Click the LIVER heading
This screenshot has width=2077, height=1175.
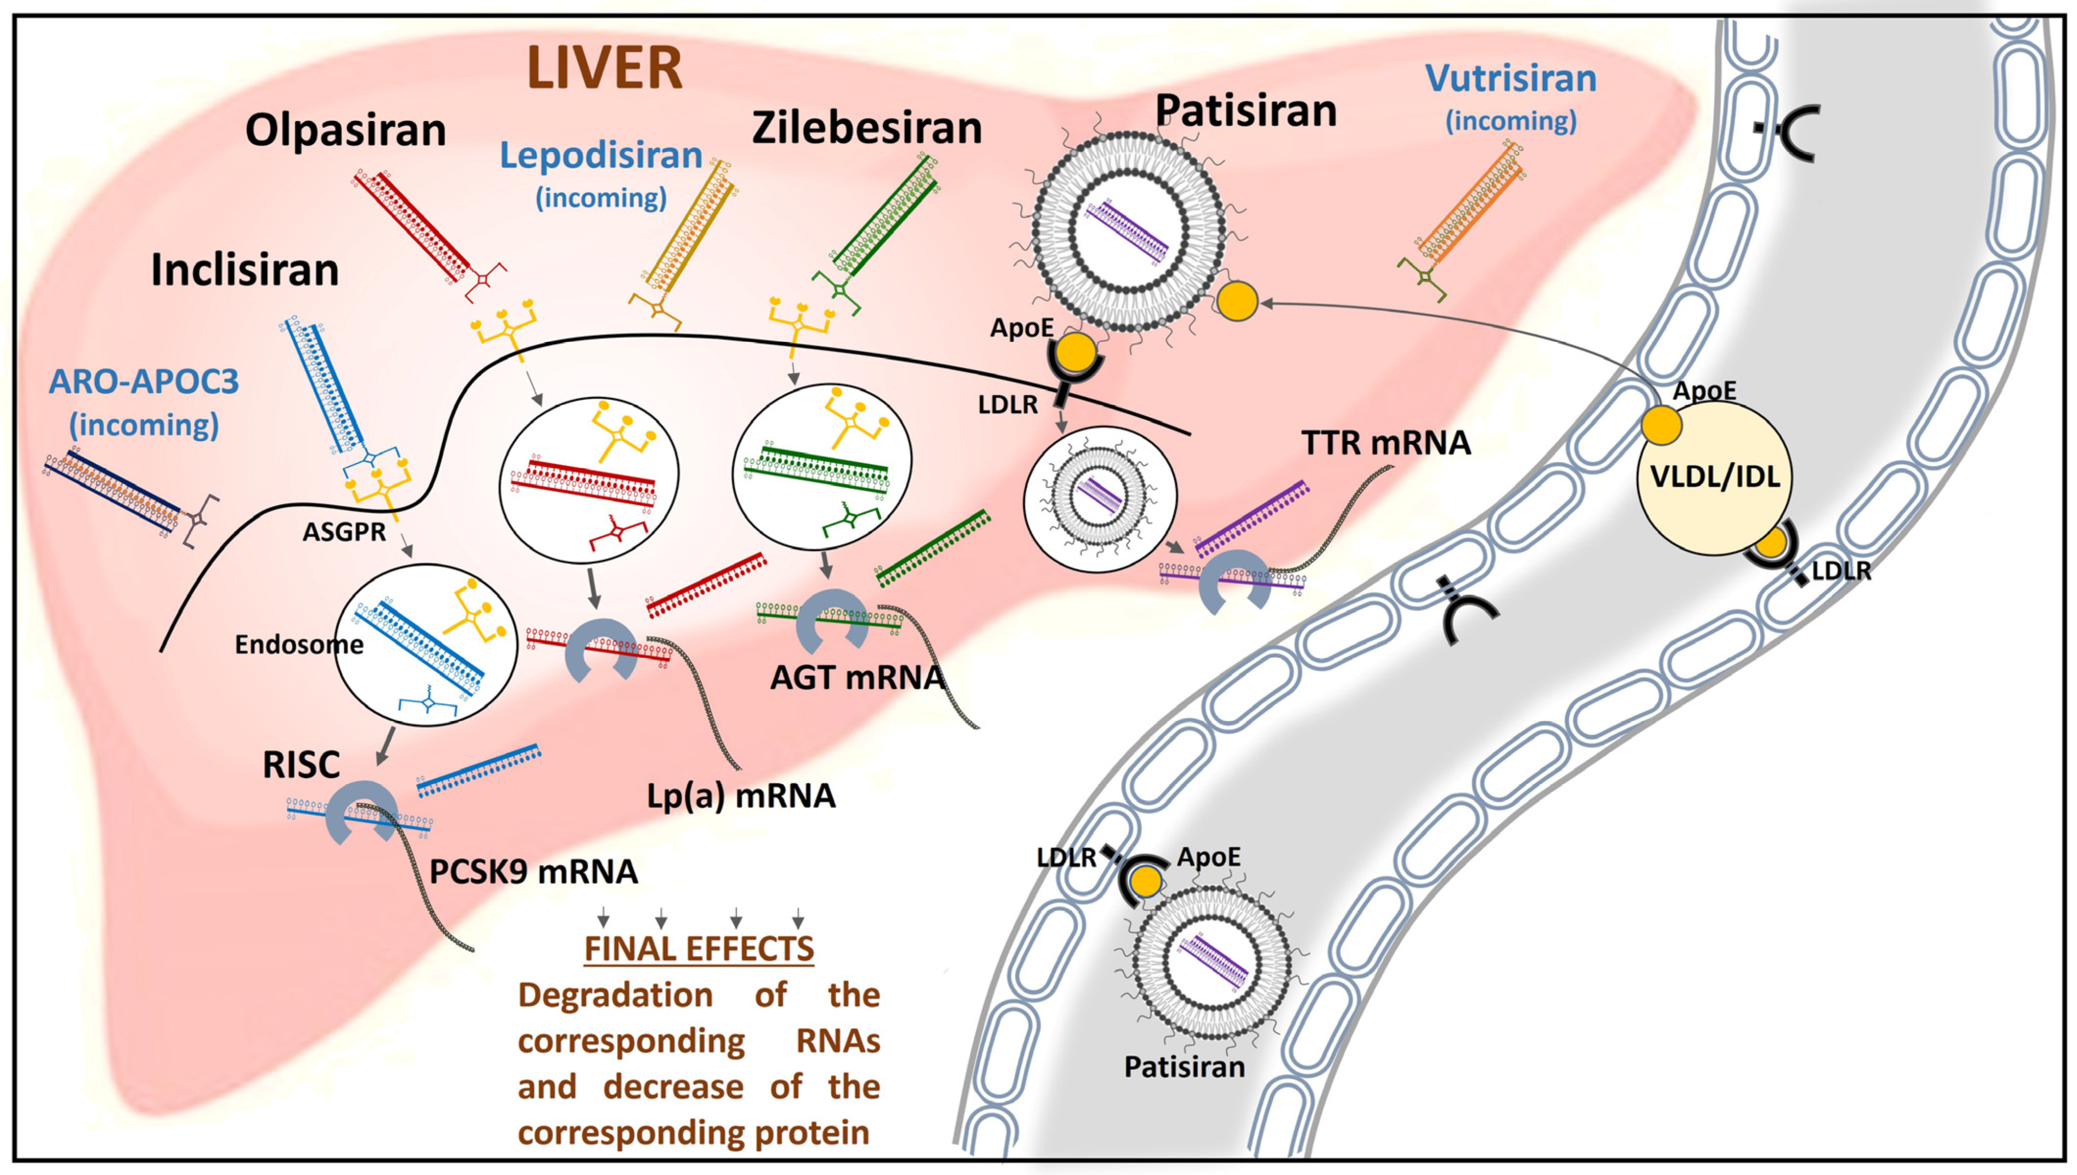click(605, 68)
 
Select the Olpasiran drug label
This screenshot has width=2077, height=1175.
click(346, 130)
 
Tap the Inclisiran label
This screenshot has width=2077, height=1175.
click(245, 270)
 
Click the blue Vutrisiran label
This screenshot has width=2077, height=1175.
click(1510, 79)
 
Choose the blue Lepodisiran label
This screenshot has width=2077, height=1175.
click(601, 156)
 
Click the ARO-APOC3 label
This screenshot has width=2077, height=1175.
click(144, 381)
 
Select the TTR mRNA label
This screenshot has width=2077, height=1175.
click(1385, 443)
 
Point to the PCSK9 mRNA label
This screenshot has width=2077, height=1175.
click(534, 871)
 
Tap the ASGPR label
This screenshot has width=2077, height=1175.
click(344, 532)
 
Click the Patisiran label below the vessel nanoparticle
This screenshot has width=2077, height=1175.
click(1184, 1067)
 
